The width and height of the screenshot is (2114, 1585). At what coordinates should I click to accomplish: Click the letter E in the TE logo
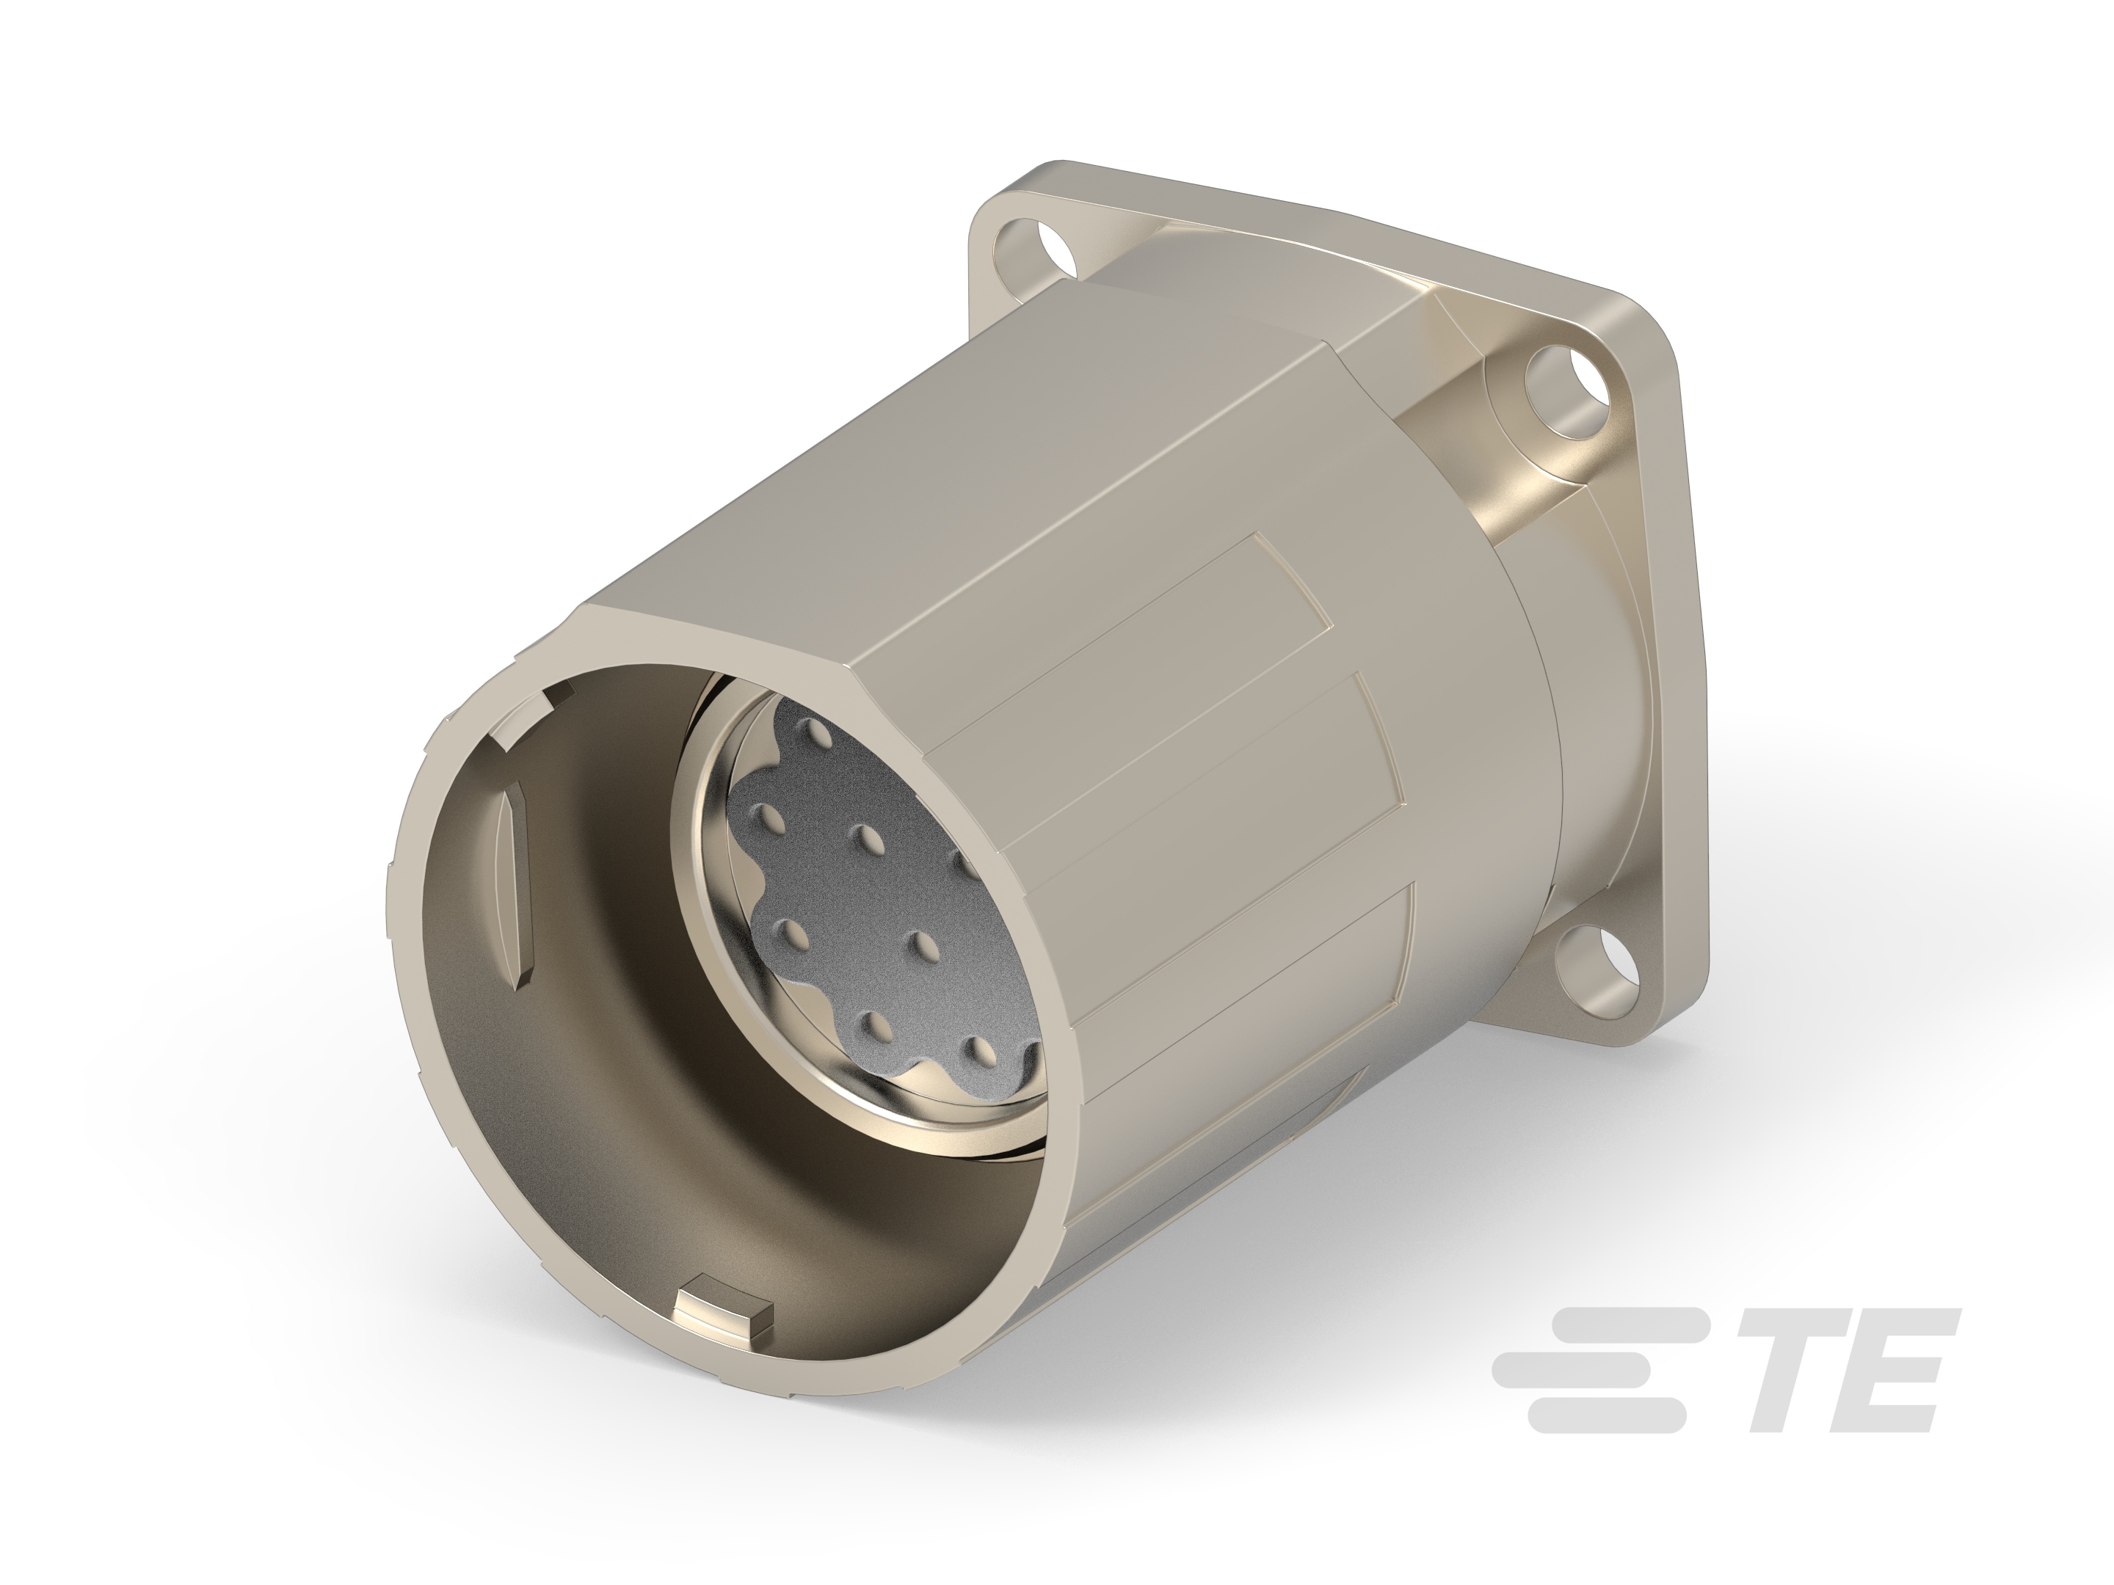click(1902, 1385)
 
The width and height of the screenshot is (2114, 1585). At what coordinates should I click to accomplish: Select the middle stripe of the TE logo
click(1586, 1383)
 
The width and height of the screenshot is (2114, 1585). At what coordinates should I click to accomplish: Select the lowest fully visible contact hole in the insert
click(977, 1051)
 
